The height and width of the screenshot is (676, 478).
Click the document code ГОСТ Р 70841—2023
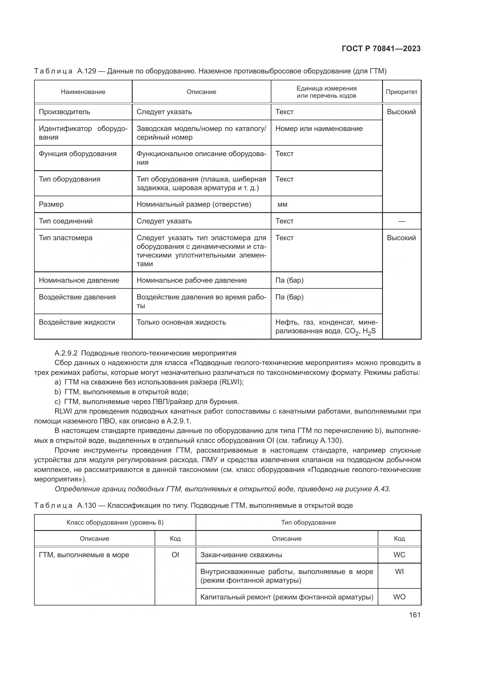(381, 49)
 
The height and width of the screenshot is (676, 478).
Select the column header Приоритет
(401, 92)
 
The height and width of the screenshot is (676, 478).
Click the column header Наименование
(83, 92)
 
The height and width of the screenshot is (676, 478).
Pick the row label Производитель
(64, 112)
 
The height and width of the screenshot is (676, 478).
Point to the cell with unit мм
(282, 204)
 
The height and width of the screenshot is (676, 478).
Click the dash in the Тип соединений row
(401, 221)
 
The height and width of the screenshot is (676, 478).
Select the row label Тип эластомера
(66, 238)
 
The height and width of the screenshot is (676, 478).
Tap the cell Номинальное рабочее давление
(192, 280)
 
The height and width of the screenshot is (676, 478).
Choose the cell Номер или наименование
(319, 129)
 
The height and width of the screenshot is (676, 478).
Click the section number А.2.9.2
(66, 353)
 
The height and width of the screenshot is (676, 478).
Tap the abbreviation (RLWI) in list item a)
(232, 382)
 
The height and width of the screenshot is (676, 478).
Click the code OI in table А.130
(175, 555)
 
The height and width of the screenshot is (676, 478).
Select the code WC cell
(399, 555)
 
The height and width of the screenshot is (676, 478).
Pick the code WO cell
(399, 597)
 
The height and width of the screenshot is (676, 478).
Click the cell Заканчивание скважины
(241, 555)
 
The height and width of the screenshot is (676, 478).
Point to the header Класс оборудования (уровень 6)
(115, 522)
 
